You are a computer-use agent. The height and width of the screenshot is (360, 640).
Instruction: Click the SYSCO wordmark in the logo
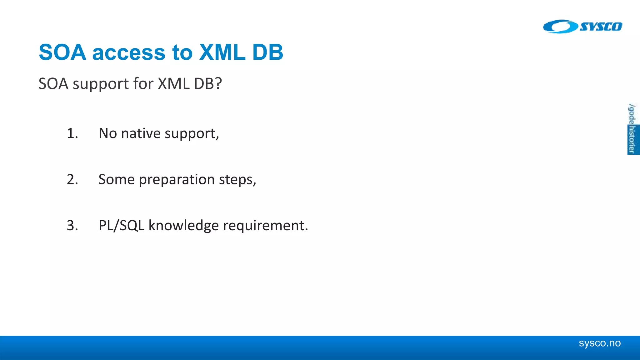pyautogui.click(x=601, y=27)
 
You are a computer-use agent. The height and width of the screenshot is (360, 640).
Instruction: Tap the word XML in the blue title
pyautogui.click(x=222, y=52)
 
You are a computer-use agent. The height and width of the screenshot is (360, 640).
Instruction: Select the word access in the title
pyautogui.click(x=128, y=53)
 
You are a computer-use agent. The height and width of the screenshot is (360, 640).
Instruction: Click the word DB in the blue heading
pyautogui.click(x=267, y=52)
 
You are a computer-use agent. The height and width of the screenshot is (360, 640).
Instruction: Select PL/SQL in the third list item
pyautogui.click(x=121, y=226)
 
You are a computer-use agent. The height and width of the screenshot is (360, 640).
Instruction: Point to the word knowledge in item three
pyautogui.click(x=183, y=226)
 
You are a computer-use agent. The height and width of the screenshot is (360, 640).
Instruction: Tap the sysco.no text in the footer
pyautogui.click(x=599, y=343)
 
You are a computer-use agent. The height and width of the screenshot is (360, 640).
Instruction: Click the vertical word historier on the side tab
pyautogui.click(x=632, y=140)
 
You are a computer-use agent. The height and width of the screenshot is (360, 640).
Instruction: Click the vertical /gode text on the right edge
pyautogui.click(x=632, y=114)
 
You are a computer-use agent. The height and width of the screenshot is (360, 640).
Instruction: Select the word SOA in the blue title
pyautogui.click(x=62, y=52)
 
